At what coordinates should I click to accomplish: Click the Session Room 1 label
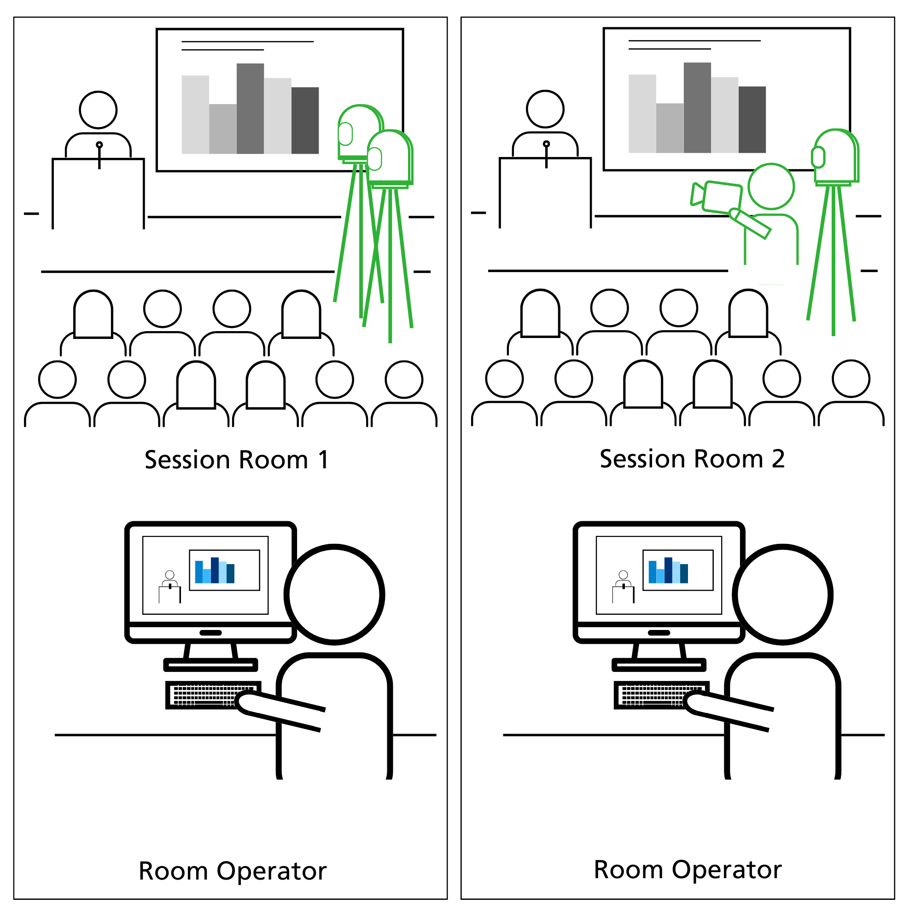(237, 461)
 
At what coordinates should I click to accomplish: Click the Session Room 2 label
(693, 460)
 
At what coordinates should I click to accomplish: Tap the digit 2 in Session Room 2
(778, 460)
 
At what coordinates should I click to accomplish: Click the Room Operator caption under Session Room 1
(233, 872)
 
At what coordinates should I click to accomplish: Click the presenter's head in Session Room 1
(99, 111)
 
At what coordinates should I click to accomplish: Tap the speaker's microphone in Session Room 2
(547, 145)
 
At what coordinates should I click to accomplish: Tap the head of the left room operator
(335, 595)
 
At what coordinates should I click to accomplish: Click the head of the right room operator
(784, 595)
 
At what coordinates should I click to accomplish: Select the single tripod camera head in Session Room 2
(836, 156)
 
